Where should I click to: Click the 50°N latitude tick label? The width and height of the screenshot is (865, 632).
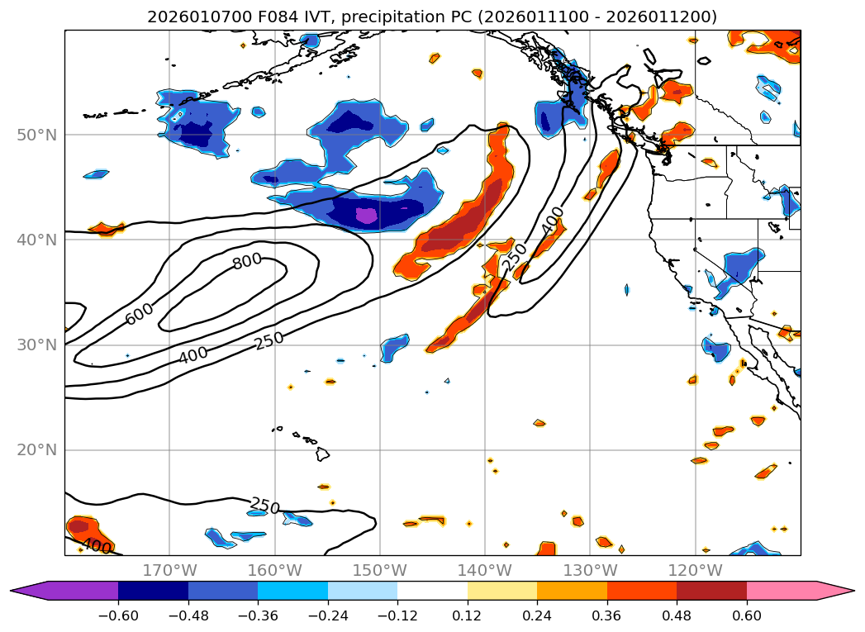tap(36, 135)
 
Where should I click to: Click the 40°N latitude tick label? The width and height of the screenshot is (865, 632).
tap(36, 240)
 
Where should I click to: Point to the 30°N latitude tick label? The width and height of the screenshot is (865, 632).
tap(36, 345)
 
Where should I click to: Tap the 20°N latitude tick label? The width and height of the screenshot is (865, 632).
tap(36, 450)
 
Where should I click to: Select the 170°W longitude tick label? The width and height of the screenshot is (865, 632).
tap(169, 570)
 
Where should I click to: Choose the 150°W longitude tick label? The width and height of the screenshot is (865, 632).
tap(379, 570)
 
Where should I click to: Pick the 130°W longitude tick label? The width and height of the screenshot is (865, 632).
tap(590, 570)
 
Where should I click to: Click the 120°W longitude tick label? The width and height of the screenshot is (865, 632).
tap(695, 570)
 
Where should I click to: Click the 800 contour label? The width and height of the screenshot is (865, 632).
tap(247, 261)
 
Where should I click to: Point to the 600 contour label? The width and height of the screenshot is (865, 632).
tap(139, 313)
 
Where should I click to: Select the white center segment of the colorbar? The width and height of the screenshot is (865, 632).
tap(432, 591)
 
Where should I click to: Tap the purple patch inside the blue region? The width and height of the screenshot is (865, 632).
tap(365, 216)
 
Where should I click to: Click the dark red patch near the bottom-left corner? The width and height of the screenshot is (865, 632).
tap(79, 525)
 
